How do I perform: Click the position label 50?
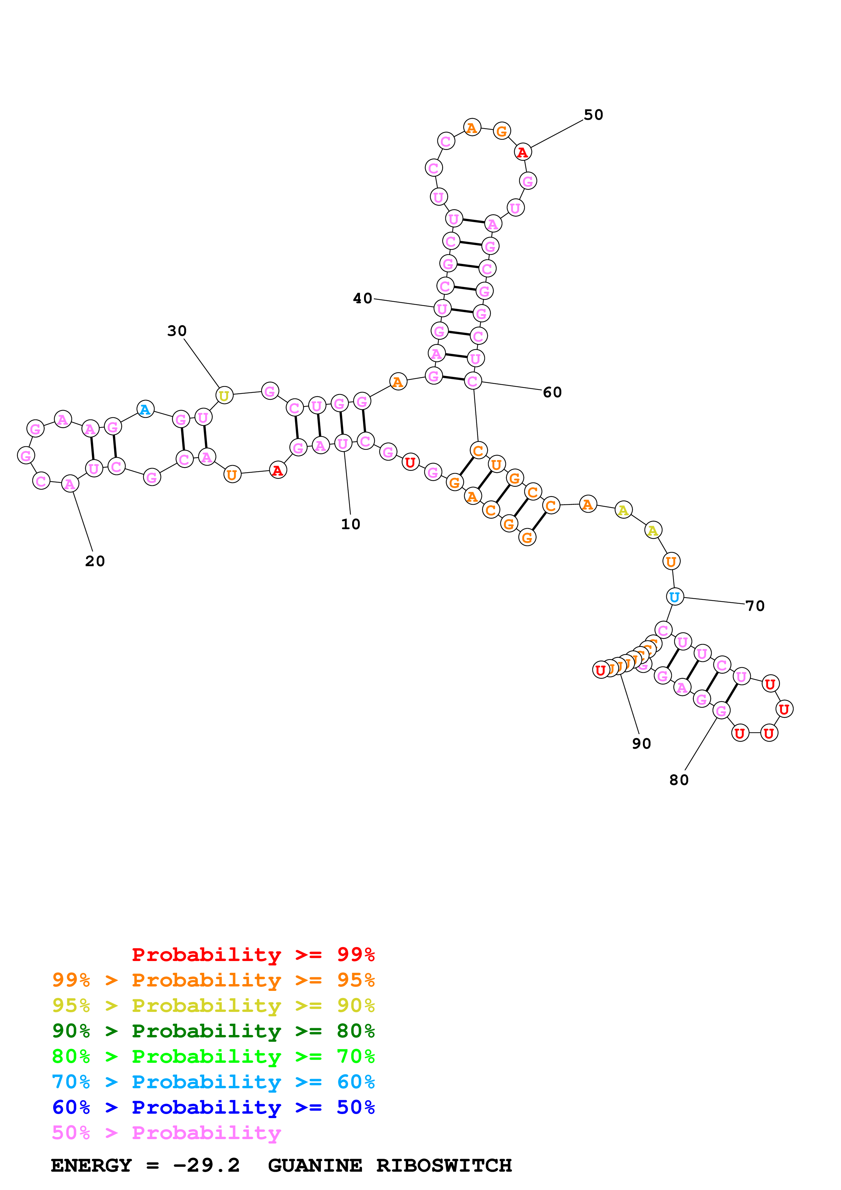point(593,115)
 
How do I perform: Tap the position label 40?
point(362,299)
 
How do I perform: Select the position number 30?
point(177,331)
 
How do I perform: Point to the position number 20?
point(95,561)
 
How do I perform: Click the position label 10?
point(350,524)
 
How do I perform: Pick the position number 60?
point(552,392)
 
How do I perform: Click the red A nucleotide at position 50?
point(522,152)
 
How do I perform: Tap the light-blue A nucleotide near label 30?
point(145,409)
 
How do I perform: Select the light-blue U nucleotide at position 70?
point(674,597)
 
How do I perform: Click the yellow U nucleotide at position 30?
point(224,396)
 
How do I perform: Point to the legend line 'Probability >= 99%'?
point(253,955)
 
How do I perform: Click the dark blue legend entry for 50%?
point(213,1107)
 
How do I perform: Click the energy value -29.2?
point(206,1165)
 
